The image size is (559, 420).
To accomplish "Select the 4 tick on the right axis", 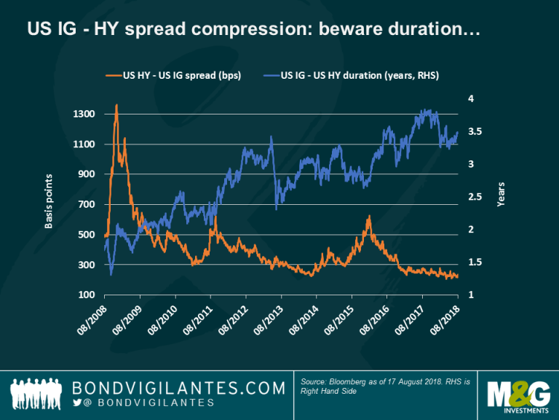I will (472, 98).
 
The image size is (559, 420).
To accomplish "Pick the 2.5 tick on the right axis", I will (474, 197).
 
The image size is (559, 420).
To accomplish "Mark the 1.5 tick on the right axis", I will (474, 262).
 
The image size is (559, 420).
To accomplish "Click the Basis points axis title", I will (49, 201).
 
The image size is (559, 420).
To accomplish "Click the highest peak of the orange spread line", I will (116, 105).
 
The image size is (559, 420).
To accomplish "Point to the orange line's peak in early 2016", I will (369, 217).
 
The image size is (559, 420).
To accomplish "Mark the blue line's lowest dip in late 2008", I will (111, 274).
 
